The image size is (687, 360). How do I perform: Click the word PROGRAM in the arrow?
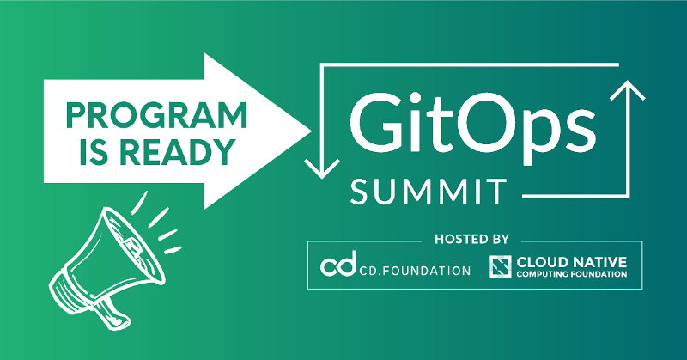click(156, 115)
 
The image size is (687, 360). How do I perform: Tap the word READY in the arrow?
click(178, 152)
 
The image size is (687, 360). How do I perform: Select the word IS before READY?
click(94, 152)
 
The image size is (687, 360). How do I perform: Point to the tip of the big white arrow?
click(311, 131)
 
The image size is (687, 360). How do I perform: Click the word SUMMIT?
click(428, 192)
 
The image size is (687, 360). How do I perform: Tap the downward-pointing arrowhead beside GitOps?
click(322, 168)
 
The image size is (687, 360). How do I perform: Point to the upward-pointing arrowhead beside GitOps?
click(628, 91)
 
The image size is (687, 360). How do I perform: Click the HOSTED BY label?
click(471, 240)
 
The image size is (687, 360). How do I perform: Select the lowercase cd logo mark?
click(337, 264)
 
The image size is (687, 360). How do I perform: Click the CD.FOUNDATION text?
click(415, 271)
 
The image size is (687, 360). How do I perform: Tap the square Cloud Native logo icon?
click(501, 266)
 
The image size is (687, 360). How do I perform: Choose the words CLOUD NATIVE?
click(572, 262)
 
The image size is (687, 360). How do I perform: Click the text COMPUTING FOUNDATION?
click(572, 274)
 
